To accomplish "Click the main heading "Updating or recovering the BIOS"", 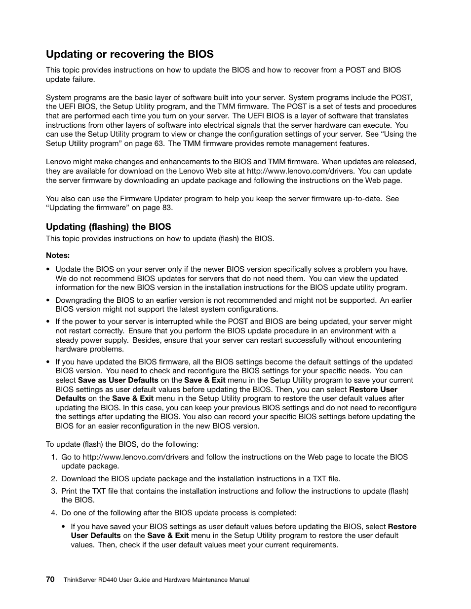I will [129, 54].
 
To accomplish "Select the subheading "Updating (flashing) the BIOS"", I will [108, 227].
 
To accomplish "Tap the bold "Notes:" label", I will [58, 255].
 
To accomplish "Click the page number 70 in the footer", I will [50, 580].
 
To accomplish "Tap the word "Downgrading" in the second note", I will [78, 300].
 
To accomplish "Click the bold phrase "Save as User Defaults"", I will [118, 380].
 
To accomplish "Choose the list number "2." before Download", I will [54, 479].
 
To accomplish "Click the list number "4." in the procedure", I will [54, 513].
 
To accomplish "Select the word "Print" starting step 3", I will [70, 491].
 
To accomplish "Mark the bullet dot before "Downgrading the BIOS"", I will [48, 300].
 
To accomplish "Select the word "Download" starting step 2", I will [78, 479].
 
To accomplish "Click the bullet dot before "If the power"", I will [48, 322].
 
